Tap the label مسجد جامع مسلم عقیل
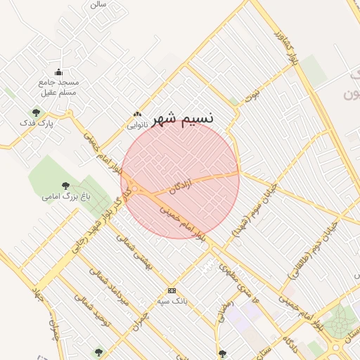(59, 86)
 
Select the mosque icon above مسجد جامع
(58, 72)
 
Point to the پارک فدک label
(37, 123)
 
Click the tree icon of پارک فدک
(36, 112)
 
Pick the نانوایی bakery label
(137, 126)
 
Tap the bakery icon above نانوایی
(137, 115)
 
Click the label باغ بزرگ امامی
(66, 197)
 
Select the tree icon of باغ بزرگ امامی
(65, 186)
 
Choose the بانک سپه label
(172, 302)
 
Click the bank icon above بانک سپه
(172, 290)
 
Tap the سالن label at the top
(98, 4)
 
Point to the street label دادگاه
(293, 342)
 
